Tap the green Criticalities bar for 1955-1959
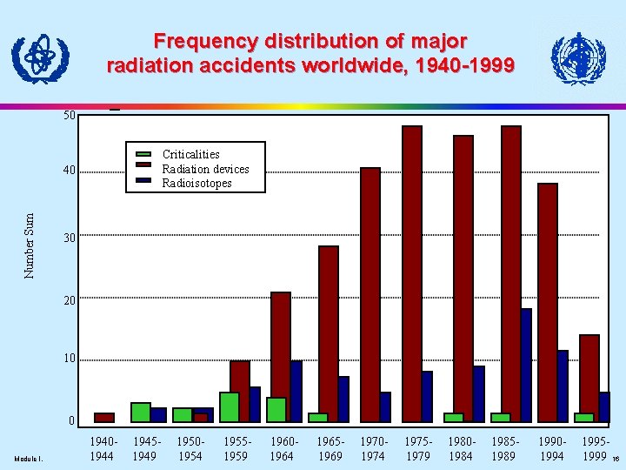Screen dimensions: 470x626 click(x=230, y=406)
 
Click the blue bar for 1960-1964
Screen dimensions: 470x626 click(x=296, y=391)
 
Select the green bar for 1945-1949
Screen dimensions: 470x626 click(x=141, y=412)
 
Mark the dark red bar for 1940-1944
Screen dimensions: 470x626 click(x=104, y=417)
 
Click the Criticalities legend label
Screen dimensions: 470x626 click(x=191, y=154)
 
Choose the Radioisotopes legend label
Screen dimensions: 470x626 click(x=197, y=184)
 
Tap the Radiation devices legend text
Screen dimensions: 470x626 click(x=205, y=169)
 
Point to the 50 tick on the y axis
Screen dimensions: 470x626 click(x=69, y=115)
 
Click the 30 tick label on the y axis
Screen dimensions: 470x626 click(x=69, y=238)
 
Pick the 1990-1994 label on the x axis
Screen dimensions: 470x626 click(x=551, y=449)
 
